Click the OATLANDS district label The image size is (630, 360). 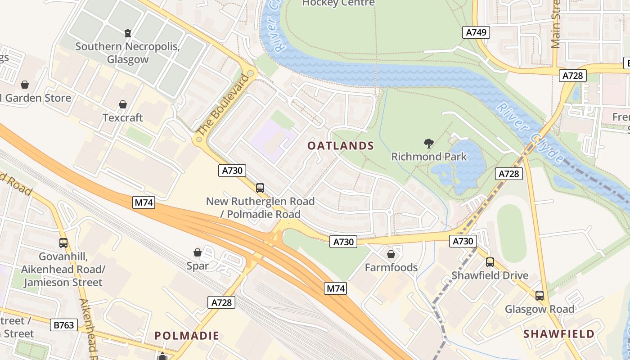click(341, 145)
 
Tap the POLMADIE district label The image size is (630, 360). click(187, 336)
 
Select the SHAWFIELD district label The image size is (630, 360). click(559, 334)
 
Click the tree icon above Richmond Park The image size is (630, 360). click(429, 144)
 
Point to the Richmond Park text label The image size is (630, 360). click(429, 157)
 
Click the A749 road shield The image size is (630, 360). click(476, 32)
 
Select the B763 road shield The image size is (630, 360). click(63, 325)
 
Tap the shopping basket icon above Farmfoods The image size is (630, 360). click(391, 255)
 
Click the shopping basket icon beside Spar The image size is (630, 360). click(198, 252)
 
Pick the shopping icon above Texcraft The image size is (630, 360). click(122, 105)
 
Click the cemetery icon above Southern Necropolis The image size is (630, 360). click(128, 33)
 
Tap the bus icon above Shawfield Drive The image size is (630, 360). click(490, 262)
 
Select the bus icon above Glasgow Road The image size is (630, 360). click(539, 296)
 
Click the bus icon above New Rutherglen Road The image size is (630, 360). click(260, 188)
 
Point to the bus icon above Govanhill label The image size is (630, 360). click(63, 243)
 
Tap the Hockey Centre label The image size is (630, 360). click(338, 3)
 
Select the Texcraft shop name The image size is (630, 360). click(122, 118)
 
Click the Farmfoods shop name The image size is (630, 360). click(391, 268)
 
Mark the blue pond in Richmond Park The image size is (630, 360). click(463, 166)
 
